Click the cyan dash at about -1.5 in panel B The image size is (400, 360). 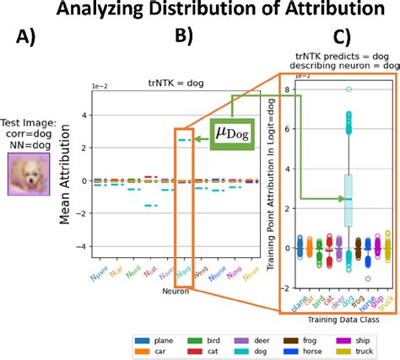(x=149, y=205)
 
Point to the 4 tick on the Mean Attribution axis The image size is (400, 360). (x=84, y=115)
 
